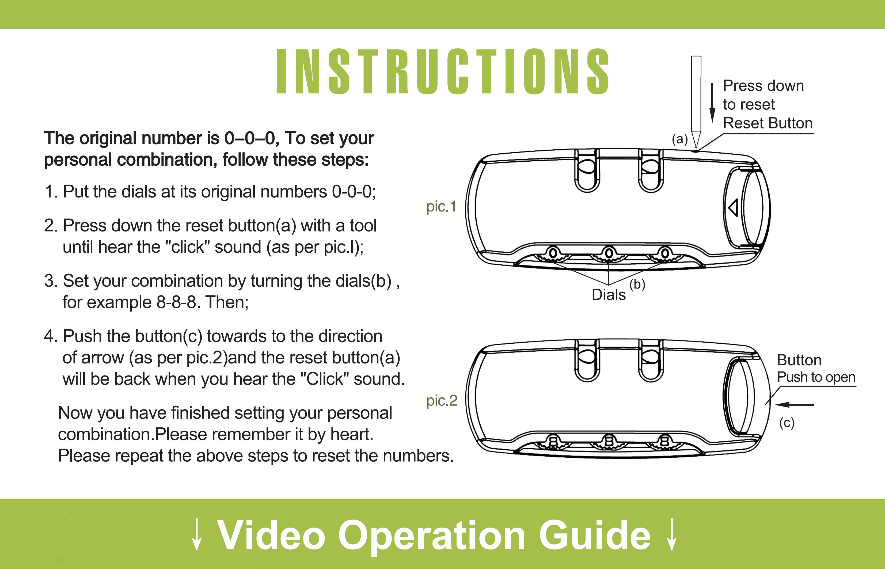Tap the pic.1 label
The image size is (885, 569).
tap(441, 207)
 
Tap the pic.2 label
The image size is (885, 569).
tap(442, 400)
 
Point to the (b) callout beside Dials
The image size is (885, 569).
tap(637, 284)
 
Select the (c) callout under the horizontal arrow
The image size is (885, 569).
tap(787, 422)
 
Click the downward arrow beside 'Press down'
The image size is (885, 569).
tap(712, 103)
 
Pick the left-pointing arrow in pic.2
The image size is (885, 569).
tap(794, 405)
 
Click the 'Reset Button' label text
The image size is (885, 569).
tap(768, 123)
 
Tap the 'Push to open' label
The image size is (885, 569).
tap(816, 377)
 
